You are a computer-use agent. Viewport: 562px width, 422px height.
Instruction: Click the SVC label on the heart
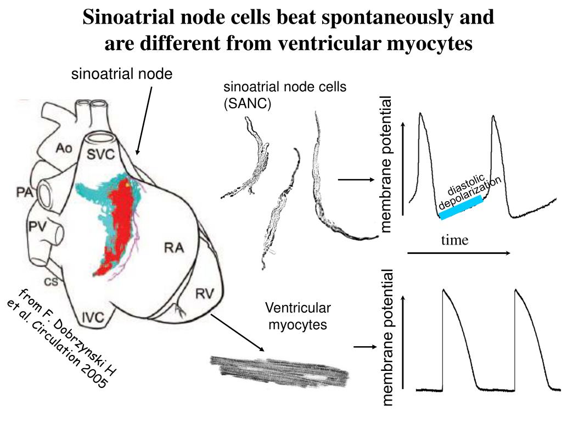click(x=102, y=154)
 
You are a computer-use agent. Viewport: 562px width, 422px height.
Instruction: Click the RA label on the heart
click(x=174, y=248)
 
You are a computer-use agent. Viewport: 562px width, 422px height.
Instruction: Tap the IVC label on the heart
click(x=94, y=317)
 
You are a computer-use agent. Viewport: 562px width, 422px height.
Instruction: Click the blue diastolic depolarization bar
click(x=461, y=208)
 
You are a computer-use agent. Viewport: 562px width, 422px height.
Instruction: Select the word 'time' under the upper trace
click(x=455, y=240)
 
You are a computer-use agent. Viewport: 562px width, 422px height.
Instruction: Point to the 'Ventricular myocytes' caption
click(x=298, y=316)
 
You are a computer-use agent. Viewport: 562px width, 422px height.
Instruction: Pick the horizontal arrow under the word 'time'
click(x=459, y=253)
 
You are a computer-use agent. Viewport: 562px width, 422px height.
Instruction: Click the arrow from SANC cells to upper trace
click(x=355, y=179)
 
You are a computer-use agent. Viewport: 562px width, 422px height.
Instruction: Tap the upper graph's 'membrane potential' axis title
click(x=387, y=164)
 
